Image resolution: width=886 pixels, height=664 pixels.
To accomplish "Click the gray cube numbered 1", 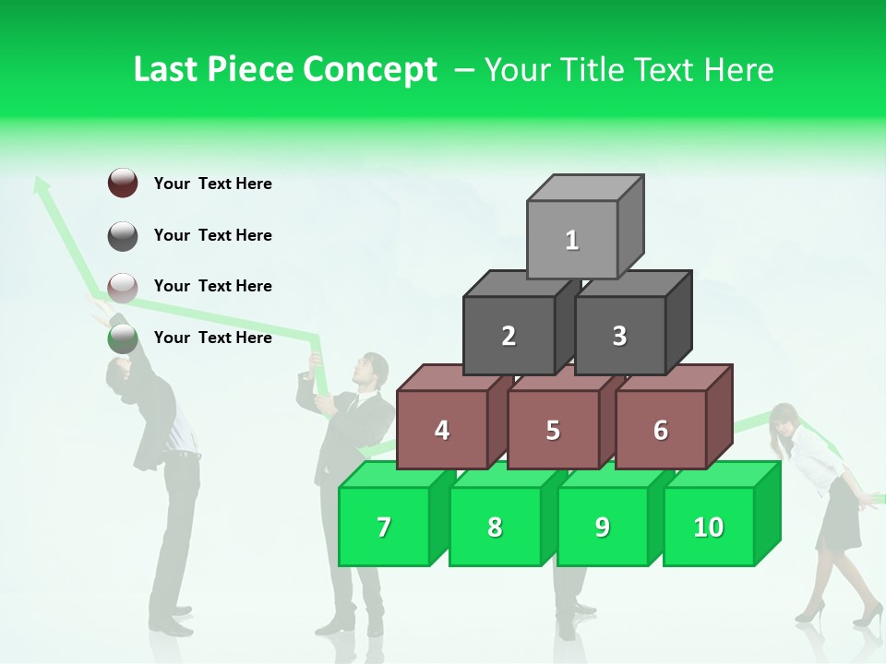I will pyautogui.click(x=572, y=240).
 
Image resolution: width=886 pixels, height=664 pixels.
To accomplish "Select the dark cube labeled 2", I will pyautogui.click(x=509, y=336).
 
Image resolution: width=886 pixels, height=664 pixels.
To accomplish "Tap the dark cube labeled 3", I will pyautogui.click(x=619, y=336).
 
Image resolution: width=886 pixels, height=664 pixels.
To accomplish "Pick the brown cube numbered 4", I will pyautogui.click(x=442, y=430).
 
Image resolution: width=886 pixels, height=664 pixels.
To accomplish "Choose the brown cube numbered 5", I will pyautogui.click(x=553, y=430).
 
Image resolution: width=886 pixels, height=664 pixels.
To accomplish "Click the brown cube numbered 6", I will pyautogui.click(x=661, y=430).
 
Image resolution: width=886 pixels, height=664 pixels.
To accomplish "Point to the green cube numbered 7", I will pyautogui.click(x=384, y=527).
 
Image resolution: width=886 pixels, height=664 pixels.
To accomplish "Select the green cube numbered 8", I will pyautogui.click(x=495, y=527).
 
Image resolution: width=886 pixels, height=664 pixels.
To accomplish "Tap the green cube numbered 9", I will pyautogui.click(x=603, y=527).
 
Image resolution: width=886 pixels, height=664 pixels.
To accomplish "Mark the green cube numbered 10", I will pyautogui.click(x=709, y=527).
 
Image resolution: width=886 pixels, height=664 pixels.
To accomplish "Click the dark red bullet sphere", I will pyautogui.click(x=123, y=183).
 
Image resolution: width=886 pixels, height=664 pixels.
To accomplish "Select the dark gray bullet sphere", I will pyautogui.click(x=123, y=235).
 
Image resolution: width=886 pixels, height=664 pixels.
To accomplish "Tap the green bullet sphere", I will pyautogui.click(x=123, y=338).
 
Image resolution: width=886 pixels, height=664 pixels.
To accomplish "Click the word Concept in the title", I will pyautogui.click(x=370, y=70).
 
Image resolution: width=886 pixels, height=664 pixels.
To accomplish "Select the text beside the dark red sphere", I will pyautogui.click(x=213, y=184).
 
